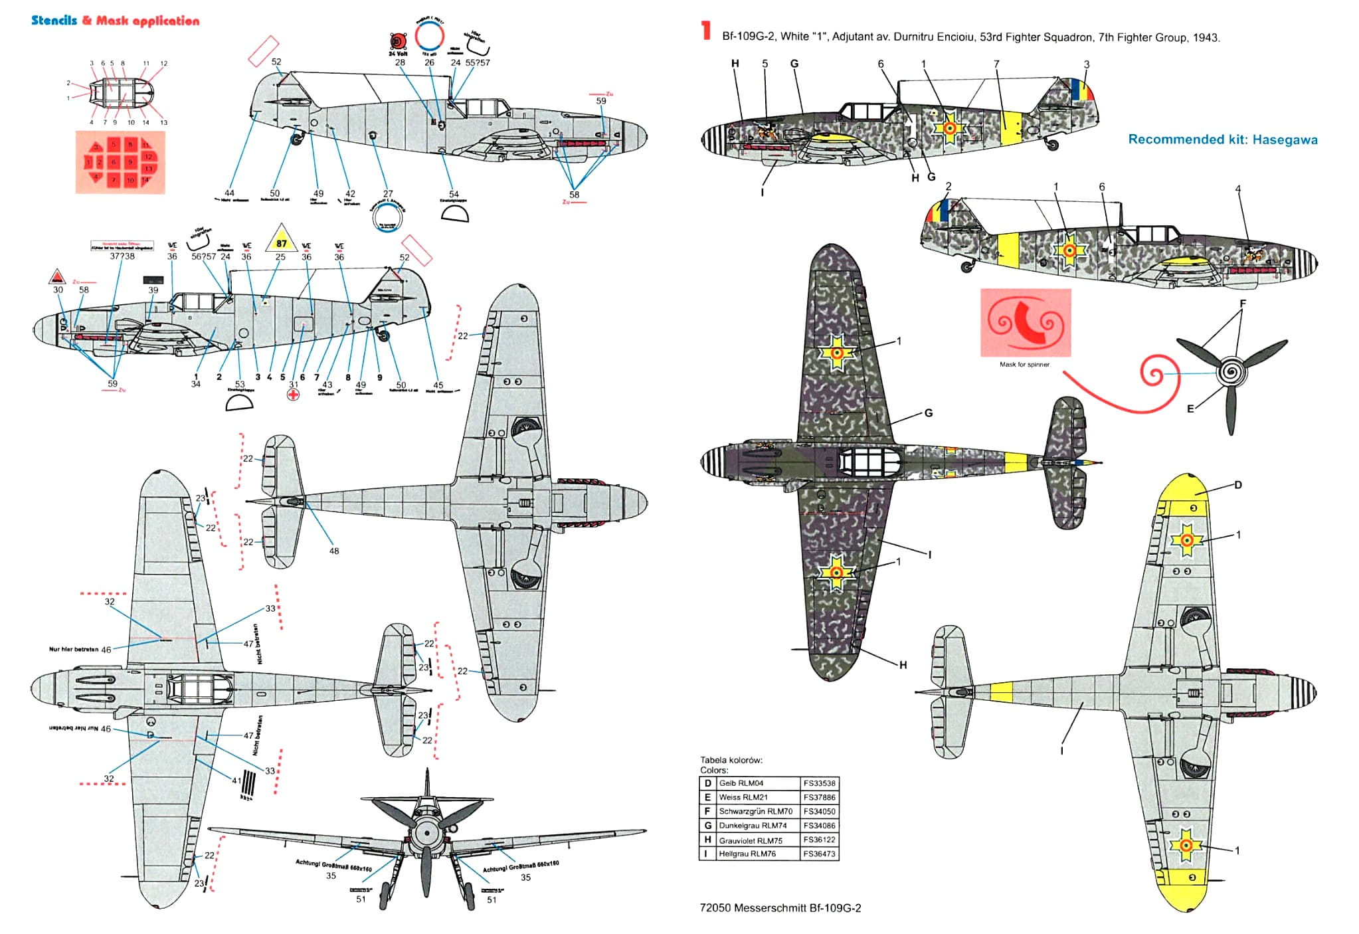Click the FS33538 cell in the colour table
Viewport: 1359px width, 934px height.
[x=819, y=783]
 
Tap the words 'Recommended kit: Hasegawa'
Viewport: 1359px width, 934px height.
[x=1222, y=140]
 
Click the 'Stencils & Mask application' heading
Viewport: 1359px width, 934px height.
[x=116, y=21]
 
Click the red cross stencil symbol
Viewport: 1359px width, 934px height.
[x=293, y=395]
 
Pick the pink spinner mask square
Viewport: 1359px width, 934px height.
[x=1026, y=323]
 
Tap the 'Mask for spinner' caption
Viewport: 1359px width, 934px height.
[x=1025, y=365]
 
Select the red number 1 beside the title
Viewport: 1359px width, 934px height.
[x=706, y=31]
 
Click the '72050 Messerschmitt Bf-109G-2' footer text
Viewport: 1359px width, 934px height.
[x=780, y=908]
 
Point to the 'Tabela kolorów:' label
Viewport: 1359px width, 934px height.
[x=731, y=760]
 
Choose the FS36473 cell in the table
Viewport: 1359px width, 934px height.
[x=819, y=854]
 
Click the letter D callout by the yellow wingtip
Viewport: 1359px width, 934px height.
[x=1237, y=485]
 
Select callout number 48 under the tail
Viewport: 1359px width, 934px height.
[x=333, y=551]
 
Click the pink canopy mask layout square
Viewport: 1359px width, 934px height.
[x=120, y=162]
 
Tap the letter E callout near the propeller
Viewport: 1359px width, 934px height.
[x=1190, y=409]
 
